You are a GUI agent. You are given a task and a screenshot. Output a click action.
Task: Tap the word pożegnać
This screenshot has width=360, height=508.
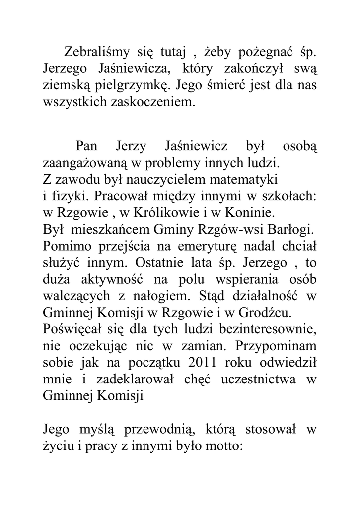click(267, 51)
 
